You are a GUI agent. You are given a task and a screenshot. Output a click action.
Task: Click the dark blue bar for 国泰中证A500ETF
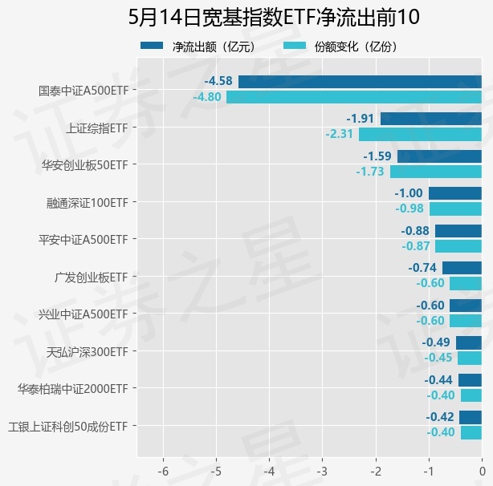click(x=360, y=81)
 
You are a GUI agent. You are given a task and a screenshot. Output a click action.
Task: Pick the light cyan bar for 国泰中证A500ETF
click(x=353, y=97)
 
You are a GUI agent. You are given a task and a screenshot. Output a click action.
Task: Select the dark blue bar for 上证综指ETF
click(x=430, y=119)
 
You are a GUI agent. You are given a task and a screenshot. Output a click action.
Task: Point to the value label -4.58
click(x=218, y=81)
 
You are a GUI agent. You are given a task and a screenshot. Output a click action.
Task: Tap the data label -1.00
click(x=409, y=193)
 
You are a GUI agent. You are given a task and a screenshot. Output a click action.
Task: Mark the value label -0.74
click(x=422, y=268)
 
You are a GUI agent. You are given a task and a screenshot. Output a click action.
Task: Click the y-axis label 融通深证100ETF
click(x=88, y=202)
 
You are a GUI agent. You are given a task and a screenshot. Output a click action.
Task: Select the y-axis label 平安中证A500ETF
click(x=84, y=239)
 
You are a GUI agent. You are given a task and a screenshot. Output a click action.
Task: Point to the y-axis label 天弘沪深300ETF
click(x=88, y=351)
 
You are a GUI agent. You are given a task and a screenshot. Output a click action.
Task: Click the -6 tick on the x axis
click(x=163, y=470)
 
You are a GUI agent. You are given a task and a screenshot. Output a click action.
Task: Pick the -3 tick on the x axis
click(x=322, y=470)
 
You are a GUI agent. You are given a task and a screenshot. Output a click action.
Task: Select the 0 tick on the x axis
click(x=482, y=470)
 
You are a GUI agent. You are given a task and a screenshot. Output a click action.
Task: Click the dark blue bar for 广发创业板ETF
click(x=462, y=268)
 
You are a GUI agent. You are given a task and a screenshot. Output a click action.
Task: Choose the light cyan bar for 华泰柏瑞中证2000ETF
click(x=471, y=395)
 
